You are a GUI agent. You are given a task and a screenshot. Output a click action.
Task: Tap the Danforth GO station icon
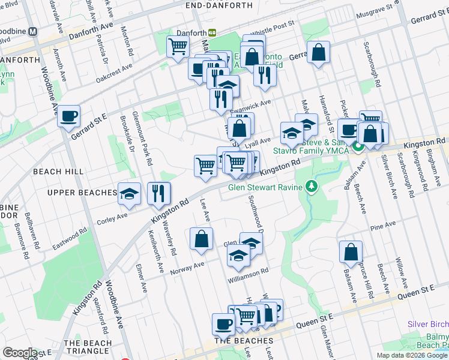(x=212, y=32)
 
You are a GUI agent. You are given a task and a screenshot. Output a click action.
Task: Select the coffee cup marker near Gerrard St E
(x=69, y=115)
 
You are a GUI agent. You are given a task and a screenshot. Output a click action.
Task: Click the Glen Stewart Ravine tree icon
(x=310, y=187)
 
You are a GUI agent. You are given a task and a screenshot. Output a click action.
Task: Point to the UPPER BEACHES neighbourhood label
(x=82, y=193)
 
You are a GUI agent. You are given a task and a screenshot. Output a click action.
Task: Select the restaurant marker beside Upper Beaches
(x=159, y=193)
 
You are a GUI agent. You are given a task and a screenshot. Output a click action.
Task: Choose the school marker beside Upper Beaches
(x=129, y=193)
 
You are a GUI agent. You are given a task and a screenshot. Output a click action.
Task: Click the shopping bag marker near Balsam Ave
(x=351, y=253)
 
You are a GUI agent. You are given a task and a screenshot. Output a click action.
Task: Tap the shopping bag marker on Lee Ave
(x=201, y=239)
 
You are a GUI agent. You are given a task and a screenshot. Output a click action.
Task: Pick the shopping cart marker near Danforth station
(x=178, y=46)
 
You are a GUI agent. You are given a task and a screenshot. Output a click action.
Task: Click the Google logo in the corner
(x=20, y=353)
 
